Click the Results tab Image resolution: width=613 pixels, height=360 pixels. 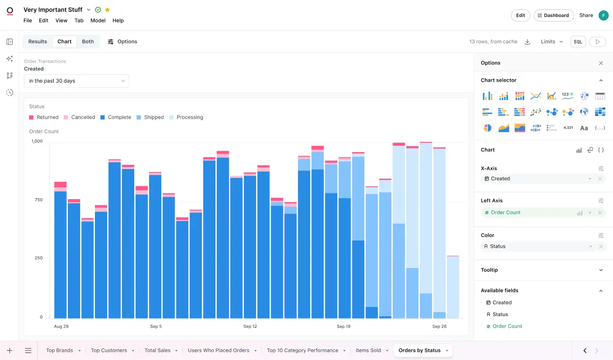click(x=38, y=42)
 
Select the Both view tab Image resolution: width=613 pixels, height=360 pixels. click(x=88, y=42)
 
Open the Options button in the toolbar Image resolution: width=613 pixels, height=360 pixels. click(x=122, y=42)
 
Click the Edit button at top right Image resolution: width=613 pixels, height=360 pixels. click(x=520, y=15)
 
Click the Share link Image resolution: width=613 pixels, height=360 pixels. click(x=586, y=15)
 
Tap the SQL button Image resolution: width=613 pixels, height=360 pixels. click(x=578, y=42)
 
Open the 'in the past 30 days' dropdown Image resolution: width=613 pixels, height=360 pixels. click(x=77, y=81)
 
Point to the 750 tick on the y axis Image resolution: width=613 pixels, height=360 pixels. click(x=39, y=200)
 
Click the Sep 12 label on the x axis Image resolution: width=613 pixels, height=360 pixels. click(x=250, y=326)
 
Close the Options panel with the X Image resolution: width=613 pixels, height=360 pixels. click(x=601, y=63)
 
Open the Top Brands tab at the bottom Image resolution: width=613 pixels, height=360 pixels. click(x=59, y=351)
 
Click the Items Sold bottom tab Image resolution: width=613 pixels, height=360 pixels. click(x=368, y=351)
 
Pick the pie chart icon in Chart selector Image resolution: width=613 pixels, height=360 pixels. click(x=487, y=128)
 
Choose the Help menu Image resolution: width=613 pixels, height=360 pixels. click(x=118, y=21)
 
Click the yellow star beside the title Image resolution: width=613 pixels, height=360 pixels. click(x=107, y=10)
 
